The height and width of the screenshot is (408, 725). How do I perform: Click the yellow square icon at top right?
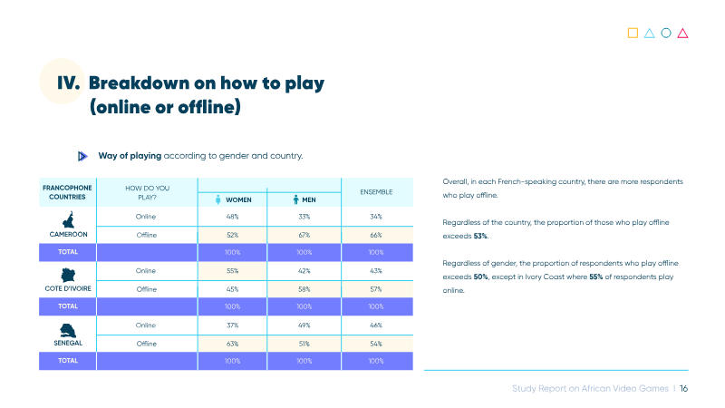coord(633,33)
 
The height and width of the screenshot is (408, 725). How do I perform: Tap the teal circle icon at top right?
coord(666,33)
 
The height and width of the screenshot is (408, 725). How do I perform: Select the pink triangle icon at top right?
coord(682,34)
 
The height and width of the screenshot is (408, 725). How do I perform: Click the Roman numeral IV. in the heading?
coord(69,83)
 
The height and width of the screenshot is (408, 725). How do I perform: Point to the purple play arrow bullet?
coord(82,156)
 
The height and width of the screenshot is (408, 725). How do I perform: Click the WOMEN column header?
coord(238,199)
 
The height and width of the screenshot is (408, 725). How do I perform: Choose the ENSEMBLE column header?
coord(376,192)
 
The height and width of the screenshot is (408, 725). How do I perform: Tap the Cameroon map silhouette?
coord(69,219)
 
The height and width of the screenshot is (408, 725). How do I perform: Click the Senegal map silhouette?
coord(68,331)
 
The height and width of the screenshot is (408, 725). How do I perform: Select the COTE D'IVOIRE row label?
coord(68,288)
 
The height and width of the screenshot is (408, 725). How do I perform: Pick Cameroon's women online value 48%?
coord(233,217)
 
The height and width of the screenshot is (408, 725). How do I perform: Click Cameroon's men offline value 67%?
coord(304,235)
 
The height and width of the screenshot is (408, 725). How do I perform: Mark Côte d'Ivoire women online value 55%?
coord(233,271)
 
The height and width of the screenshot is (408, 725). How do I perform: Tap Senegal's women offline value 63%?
coord(233,344)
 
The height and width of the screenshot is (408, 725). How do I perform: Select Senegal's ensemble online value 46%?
coord(376,325)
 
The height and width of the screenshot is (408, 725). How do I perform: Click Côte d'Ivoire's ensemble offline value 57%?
coord(376,289)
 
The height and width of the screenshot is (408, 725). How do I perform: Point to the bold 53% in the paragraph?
coord(480,236)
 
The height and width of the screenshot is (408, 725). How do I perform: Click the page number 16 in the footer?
coord(684,389)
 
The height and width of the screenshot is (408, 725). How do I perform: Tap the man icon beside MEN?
coord(296,199)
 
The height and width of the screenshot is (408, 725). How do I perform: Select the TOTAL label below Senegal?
coord(68,361)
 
